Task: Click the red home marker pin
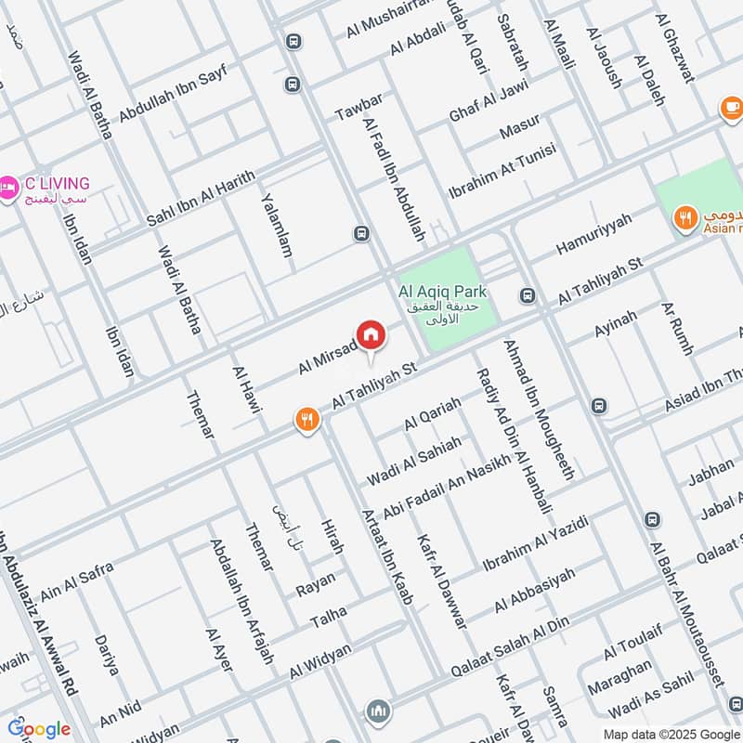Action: [x=370, y=334]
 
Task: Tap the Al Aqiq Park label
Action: [x=443, y=292]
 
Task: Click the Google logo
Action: [x=38, y=729]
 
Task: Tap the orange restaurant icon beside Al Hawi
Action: [x=307, y=420]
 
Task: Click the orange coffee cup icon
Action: [x=731, y=108]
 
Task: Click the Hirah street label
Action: [x=331, y=537]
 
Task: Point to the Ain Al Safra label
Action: [x=77, y=570]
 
